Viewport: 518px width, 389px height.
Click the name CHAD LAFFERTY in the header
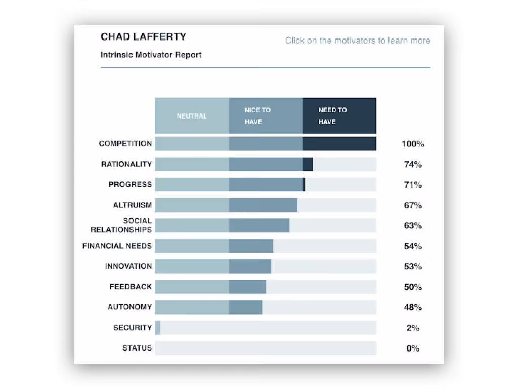coord(144,37)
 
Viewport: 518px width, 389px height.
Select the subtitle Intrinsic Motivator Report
coord(151,55)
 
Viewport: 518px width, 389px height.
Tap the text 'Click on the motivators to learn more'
coord(358,41)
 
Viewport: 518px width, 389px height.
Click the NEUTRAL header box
coord(192,116)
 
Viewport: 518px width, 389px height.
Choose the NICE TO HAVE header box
coord(266,116)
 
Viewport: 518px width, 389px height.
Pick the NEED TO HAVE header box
coord(339,116)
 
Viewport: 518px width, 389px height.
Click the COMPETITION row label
coord(125,144)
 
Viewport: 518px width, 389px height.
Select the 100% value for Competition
coord(413,144)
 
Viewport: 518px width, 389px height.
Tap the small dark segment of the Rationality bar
coord(308,164)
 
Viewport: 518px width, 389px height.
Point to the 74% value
coord(413,165)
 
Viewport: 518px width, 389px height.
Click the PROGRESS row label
coord(130,184)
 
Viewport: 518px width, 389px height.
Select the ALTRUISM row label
coord(133,205)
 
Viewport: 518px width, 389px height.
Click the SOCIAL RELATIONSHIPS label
coord(121,225)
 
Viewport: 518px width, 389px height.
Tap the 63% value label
coord(413,226)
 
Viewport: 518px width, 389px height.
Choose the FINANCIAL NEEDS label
coord(117,246)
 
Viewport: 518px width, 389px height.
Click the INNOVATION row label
coord(128,266)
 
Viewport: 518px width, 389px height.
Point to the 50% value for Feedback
coord(413,287)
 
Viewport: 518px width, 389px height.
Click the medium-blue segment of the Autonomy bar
coord(245,307)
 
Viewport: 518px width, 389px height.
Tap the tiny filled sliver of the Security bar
coord(157,328)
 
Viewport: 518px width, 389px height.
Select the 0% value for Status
coord(413,348)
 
